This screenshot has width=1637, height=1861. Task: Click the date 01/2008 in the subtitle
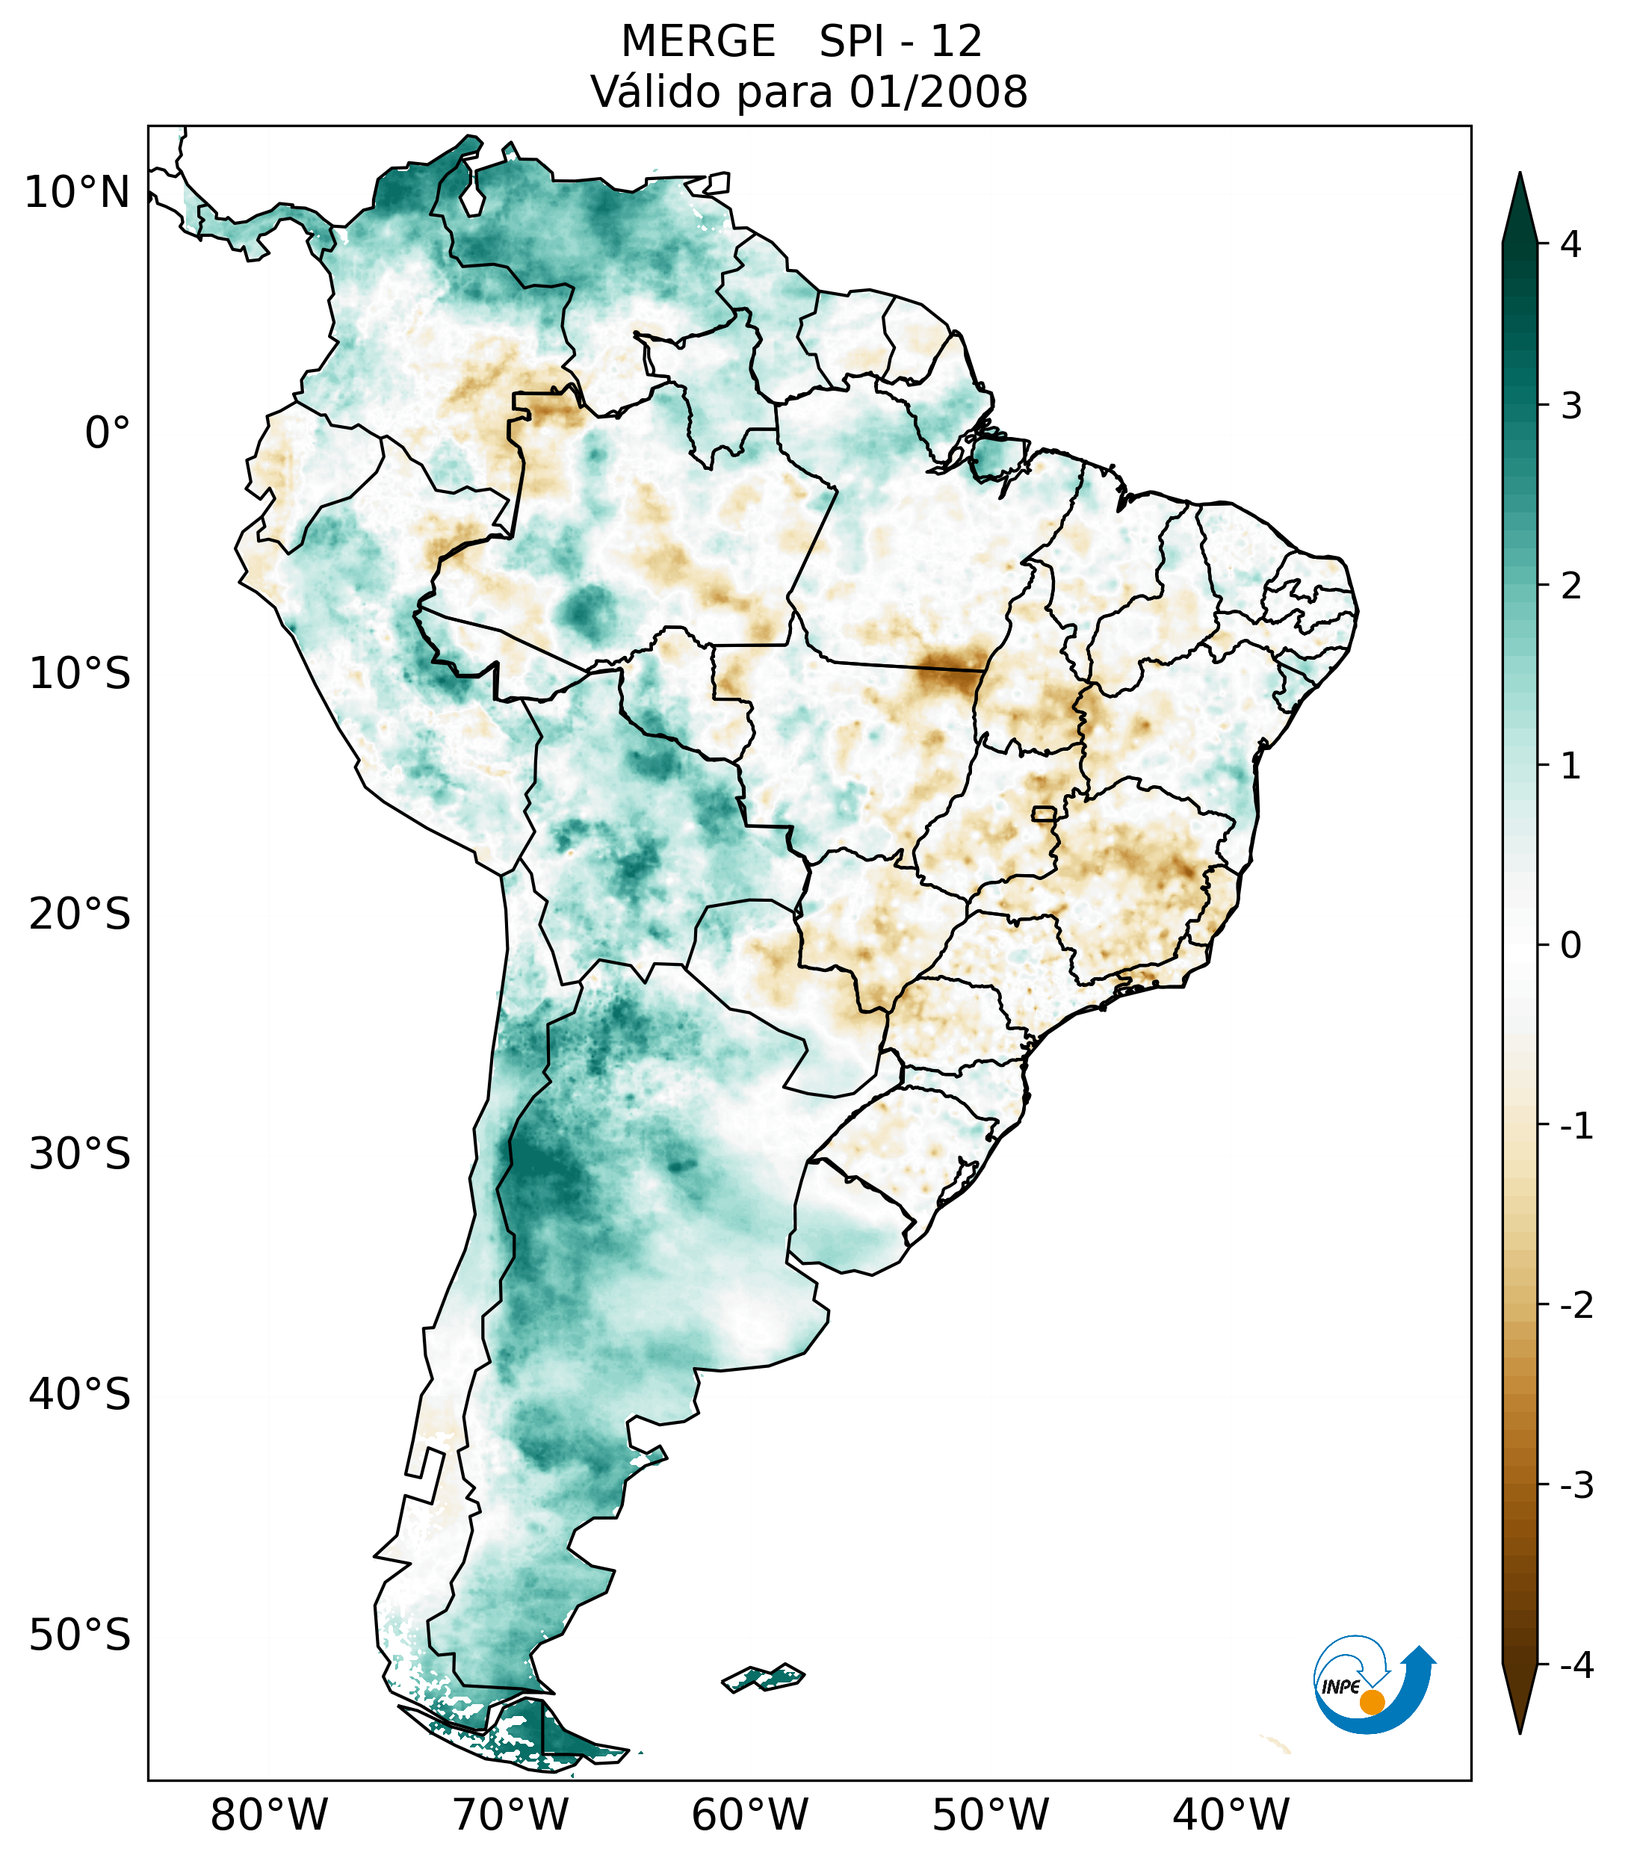click(938, 92)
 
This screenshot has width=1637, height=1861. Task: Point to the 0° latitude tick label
click(108, 433)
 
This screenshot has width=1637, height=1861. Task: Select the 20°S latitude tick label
click(80, 914)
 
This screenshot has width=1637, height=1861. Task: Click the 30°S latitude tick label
click(80, 1154)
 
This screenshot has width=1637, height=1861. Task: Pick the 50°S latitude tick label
click(80, 1635)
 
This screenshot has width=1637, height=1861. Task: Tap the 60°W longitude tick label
click(749, 1815)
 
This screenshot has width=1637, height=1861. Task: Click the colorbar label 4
click(1571, 244)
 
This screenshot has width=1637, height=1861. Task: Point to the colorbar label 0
click(1571, 946)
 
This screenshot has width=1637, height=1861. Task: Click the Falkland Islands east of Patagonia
click(763, 1677)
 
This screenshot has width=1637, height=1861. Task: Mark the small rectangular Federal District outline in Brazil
click(1043, 813)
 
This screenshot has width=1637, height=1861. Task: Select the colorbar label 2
click(1571, 586)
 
